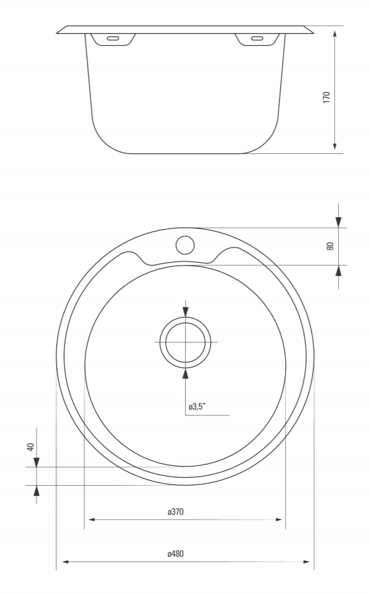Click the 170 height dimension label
327,97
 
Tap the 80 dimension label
330,246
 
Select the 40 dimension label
31,447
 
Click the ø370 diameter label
176,512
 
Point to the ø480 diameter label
176,554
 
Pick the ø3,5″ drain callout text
197,407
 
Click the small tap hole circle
185,245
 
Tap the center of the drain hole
185,342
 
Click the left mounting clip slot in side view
113,38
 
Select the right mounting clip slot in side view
257,38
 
